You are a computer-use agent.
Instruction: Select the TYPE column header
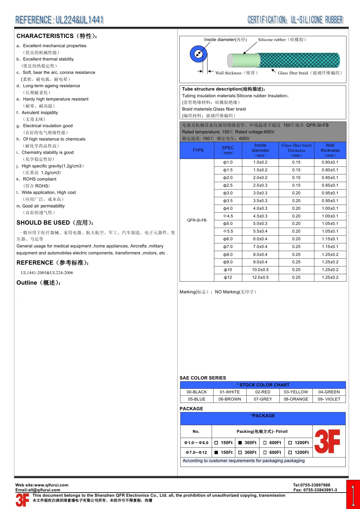click(198, 150)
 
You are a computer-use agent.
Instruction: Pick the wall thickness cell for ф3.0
click(330, 193)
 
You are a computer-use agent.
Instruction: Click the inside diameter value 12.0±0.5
click(260, 277)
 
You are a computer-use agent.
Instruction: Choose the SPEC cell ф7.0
click(228, 247)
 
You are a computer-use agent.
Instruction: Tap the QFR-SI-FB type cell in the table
click(197, 220)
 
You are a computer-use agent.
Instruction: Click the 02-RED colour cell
click(263, 392)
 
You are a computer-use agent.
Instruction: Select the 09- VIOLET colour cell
click(329, 399)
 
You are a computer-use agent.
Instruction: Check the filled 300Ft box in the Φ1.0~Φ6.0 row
click(240, 443)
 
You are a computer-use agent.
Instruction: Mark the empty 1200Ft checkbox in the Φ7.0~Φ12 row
click(290, 453)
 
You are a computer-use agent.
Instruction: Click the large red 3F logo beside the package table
click(327, 441)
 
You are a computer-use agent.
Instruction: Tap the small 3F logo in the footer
click(22, 500)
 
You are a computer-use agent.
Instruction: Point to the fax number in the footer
click(315, 490)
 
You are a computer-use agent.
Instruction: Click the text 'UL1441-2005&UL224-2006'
click(47, 273)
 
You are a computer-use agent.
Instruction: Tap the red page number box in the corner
click(353, 495)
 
